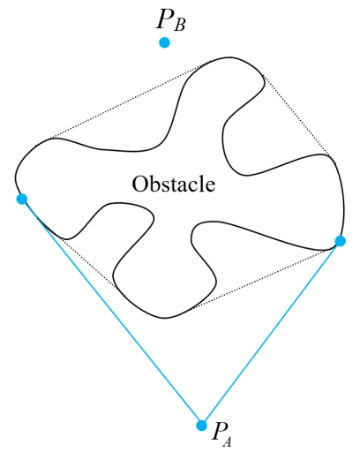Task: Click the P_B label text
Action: (x=170, y=19)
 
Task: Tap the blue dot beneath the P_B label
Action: (x=164, y=42)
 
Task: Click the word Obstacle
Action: (x=174, y=185)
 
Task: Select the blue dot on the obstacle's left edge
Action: (x=22, y=199)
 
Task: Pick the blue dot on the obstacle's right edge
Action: (x=341, y=241)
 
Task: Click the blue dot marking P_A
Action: (x=201, y=426)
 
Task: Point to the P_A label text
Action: (x=221, y=433)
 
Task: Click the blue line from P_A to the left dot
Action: (x=112, y=312)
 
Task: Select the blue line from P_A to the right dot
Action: (x=271, y=333)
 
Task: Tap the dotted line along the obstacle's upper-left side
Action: (x=131, y=100)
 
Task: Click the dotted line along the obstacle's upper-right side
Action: (x=296, y=116)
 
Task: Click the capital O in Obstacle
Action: (x=139, y=185)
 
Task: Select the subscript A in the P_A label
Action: (x=227, y=441)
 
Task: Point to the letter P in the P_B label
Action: (x=164, y=19)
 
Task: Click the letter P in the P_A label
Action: (x=217, y=430)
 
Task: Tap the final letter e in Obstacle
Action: (x=212, y=187)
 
